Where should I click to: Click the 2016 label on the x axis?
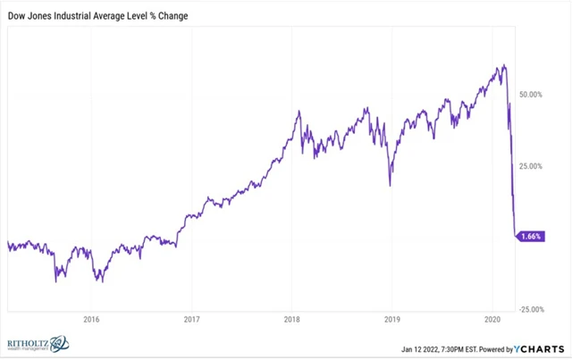coord(89,319)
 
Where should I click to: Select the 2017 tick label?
coord(190,319)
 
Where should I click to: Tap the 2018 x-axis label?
coord(291,319)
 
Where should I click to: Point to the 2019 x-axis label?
coord(391,319)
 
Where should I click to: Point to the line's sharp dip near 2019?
coord(391,185)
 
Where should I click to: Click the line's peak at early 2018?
coord(299,111)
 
